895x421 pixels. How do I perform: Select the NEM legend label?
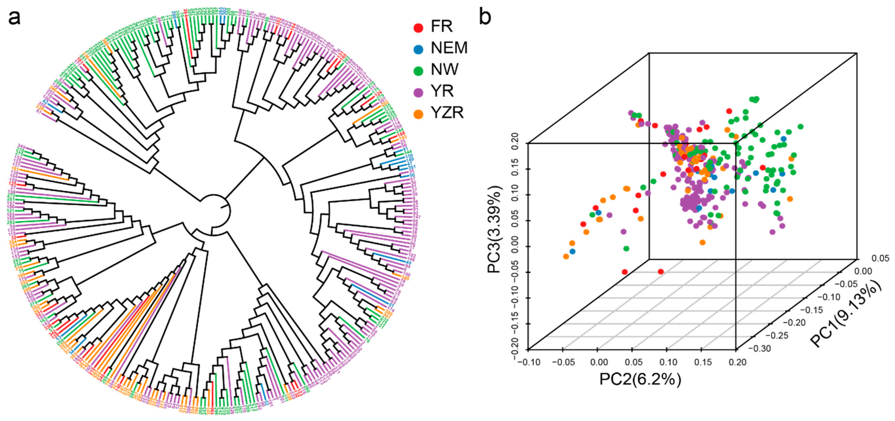[449, 48]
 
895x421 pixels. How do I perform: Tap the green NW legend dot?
[418, 70]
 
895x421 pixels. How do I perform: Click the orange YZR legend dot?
[418, 114]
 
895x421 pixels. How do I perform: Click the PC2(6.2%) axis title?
[640, 379]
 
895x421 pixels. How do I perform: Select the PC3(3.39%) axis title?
[495, 230]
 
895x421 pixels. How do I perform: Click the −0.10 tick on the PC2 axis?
[529, 362]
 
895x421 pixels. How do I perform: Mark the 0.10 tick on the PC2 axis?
[668, 362]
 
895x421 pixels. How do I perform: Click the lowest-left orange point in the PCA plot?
[566, 256]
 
